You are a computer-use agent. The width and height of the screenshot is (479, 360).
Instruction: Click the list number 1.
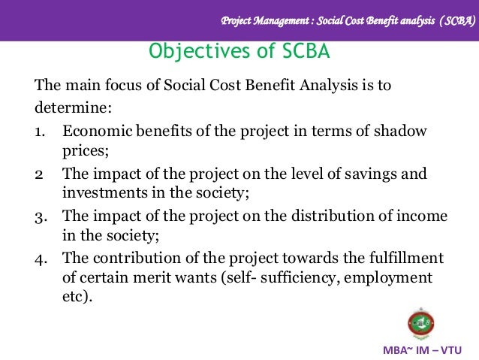click(39, 132)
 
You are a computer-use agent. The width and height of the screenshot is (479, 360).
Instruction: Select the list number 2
click(38, 174)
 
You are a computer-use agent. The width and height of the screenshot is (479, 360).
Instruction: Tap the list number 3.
click(40, 216)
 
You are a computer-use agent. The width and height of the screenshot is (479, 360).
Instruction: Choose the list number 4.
click(40, 259)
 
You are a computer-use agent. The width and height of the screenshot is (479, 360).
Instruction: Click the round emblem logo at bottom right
click(421, 322)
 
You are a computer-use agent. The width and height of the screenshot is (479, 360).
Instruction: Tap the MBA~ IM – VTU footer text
click(423, 350)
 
